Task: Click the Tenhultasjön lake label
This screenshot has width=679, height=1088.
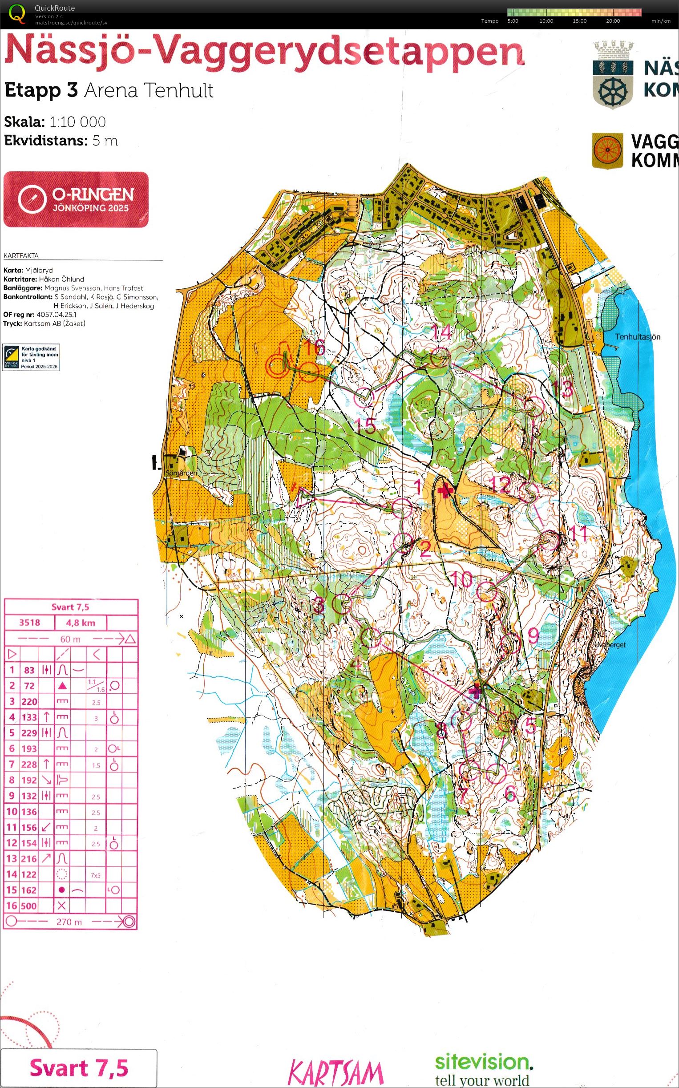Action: click(637, 336)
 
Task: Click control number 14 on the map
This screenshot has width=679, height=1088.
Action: click(441, 333)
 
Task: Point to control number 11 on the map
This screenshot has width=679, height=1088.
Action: click(578, 533)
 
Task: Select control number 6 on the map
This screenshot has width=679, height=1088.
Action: click(510, 793)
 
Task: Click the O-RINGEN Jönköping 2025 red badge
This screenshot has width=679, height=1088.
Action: click(76, 199)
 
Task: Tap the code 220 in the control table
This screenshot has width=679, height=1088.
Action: click(29, 701)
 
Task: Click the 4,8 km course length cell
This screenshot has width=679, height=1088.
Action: click(81, 623)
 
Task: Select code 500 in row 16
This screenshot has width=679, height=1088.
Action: click(28, 906)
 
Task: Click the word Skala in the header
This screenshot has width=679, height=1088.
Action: click(24, 121)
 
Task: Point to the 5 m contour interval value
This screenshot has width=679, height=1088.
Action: click(105, 141)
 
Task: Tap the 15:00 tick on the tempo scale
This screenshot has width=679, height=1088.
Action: click(579, 21)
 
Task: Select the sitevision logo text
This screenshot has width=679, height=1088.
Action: click(484, 1062)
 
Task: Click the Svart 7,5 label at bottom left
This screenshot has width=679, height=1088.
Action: click(79, 1068)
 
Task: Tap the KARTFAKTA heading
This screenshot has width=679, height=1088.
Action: click(21, 256)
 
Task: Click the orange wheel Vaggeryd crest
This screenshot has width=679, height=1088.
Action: click(608, 150)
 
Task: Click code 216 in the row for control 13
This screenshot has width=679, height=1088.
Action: click(29, 858)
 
